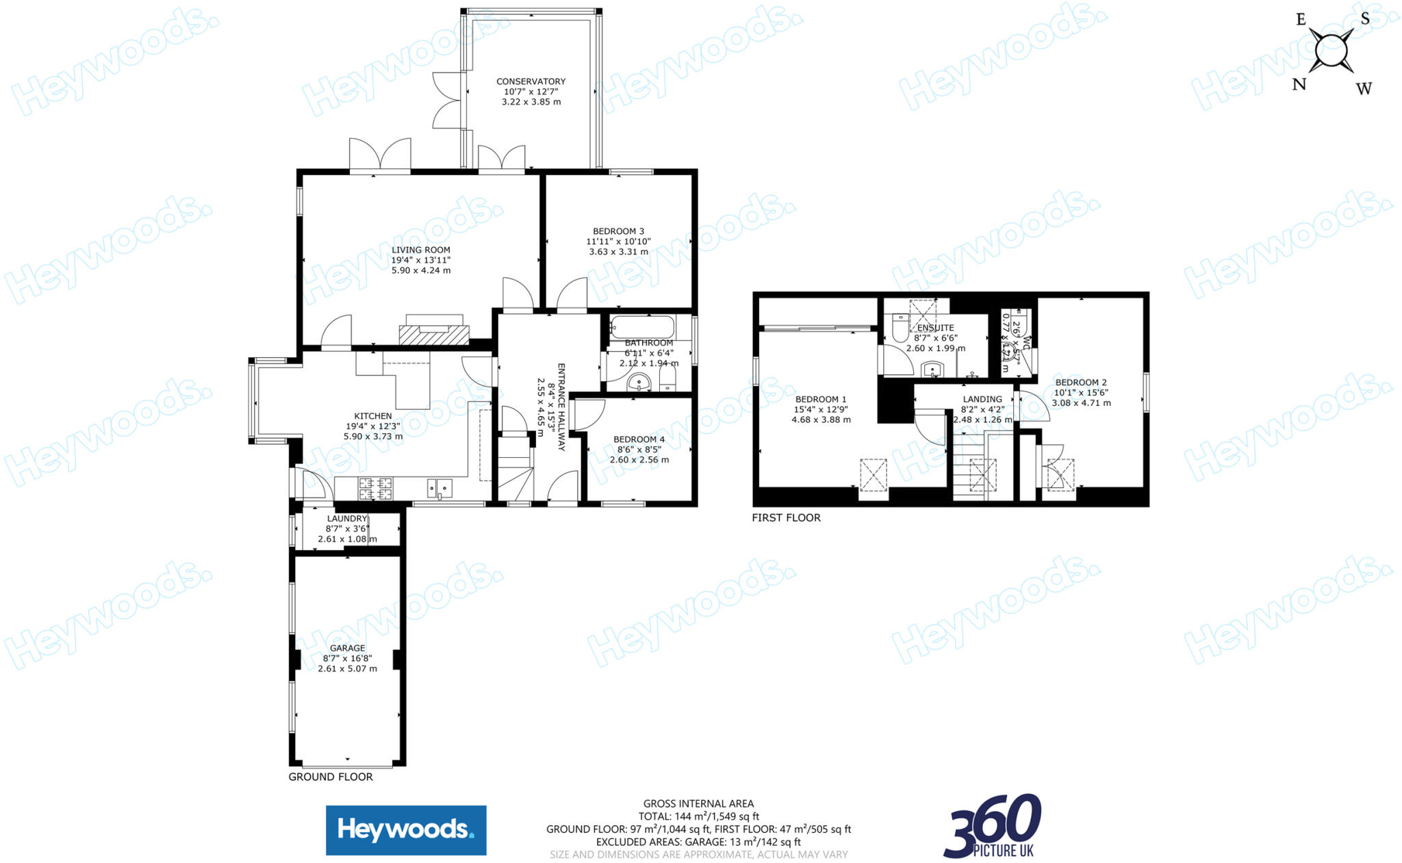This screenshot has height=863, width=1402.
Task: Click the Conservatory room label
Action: (531, 81)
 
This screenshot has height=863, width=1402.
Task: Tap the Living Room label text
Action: (420, 250)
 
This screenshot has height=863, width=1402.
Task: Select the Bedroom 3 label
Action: (618, 231)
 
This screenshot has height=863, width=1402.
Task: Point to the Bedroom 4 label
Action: (639, 439)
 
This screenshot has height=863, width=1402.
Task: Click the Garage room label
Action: (347, 648)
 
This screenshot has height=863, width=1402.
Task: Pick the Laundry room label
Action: (347, 519)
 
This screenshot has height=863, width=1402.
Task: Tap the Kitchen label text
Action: (372, 416)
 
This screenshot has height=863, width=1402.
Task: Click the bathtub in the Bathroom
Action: (641, 325)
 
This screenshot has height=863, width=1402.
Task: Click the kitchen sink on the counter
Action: (439, 488)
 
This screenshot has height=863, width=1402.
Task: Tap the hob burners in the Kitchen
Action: (376, 488)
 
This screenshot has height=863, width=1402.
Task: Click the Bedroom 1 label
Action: (821, 399)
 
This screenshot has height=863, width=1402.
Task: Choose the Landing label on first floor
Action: (982, 399)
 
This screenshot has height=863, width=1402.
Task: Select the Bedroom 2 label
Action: (1081, 383)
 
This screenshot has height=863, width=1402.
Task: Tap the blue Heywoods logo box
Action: (406, 830)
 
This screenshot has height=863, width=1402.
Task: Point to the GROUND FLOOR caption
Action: (331, 777)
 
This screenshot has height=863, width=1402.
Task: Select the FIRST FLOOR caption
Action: (786, 517)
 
